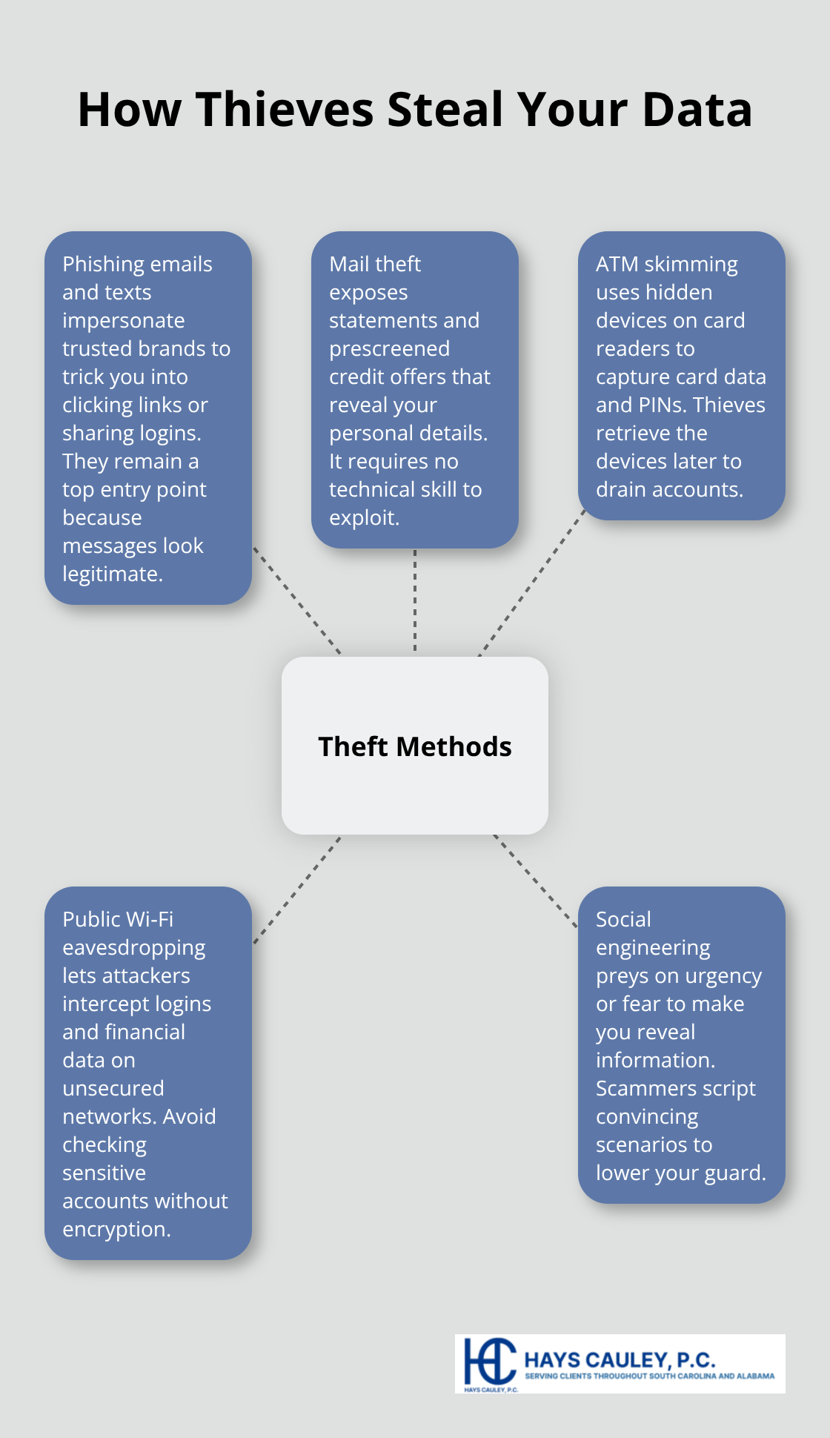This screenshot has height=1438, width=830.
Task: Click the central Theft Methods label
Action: pos(415,746)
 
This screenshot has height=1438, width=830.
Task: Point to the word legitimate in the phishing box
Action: pos(111,574)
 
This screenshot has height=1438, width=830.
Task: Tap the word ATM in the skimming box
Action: pos(617,264)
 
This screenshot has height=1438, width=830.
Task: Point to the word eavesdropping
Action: pos(133,948)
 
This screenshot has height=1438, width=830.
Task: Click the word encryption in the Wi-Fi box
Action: pos(116,1230)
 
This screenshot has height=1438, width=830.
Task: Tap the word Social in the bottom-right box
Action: pos(623,919)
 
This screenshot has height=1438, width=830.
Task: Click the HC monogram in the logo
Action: pos(489,1362)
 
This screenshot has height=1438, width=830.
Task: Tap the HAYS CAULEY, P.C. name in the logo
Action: pos(620,1359)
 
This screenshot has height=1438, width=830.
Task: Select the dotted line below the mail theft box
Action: pos(415,600)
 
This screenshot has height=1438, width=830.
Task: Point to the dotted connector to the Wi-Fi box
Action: pos(296,890)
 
